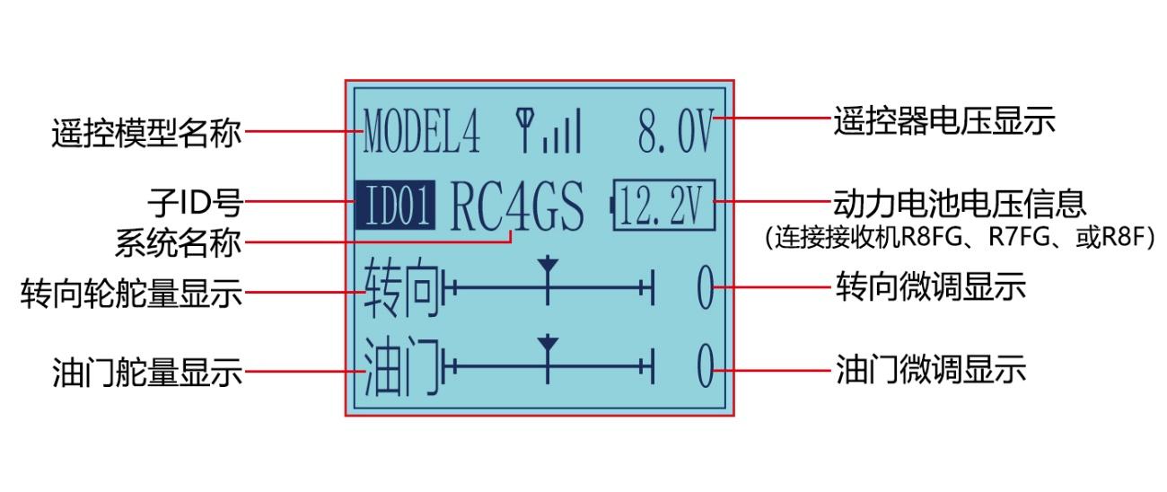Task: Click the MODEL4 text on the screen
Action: pyautogui.click(x=422, y=130)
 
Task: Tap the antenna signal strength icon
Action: pyautogui.click(x=548, y=130)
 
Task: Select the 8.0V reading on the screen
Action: pyautogui.click(x=676, y=130)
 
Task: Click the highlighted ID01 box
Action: pyautogui.click(x=395, y=206)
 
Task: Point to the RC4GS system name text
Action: pyautogui.click(x=517, y=206)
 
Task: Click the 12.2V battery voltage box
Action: pyautogui.click(x=663, y=206)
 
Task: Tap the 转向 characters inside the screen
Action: pyautogui.click(x=401, y=287)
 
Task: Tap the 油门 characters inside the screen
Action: pyautogui.click(x=401, y=366)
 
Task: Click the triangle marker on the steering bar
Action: pyautogui.click(x=548, y=264)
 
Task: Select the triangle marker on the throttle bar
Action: pyautogui.click(x=548, y=344)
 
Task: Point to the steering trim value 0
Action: pyautogui.click(x=706, y=287)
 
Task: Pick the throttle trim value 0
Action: pyautogui.click(x=706, y=366)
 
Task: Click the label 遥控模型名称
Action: pyautogui.click(x=146, y=134)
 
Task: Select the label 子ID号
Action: pyautogui.click(x=195, y=203)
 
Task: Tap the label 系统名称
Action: pyautogui.click(x=178, y=243)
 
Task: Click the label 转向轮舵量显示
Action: pyautogui.click(x=131, y=293)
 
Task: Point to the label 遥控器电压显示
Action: pyautogui.click(x=944, y=121)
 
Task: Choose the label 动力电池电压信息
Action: pyautogui.click(x=961, y=203)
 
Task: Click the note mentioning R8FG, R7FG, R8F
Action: pyautogui.click(x=961, y=237)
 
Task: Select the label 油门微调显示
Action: pyautogui.click(x=931, y=370)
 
